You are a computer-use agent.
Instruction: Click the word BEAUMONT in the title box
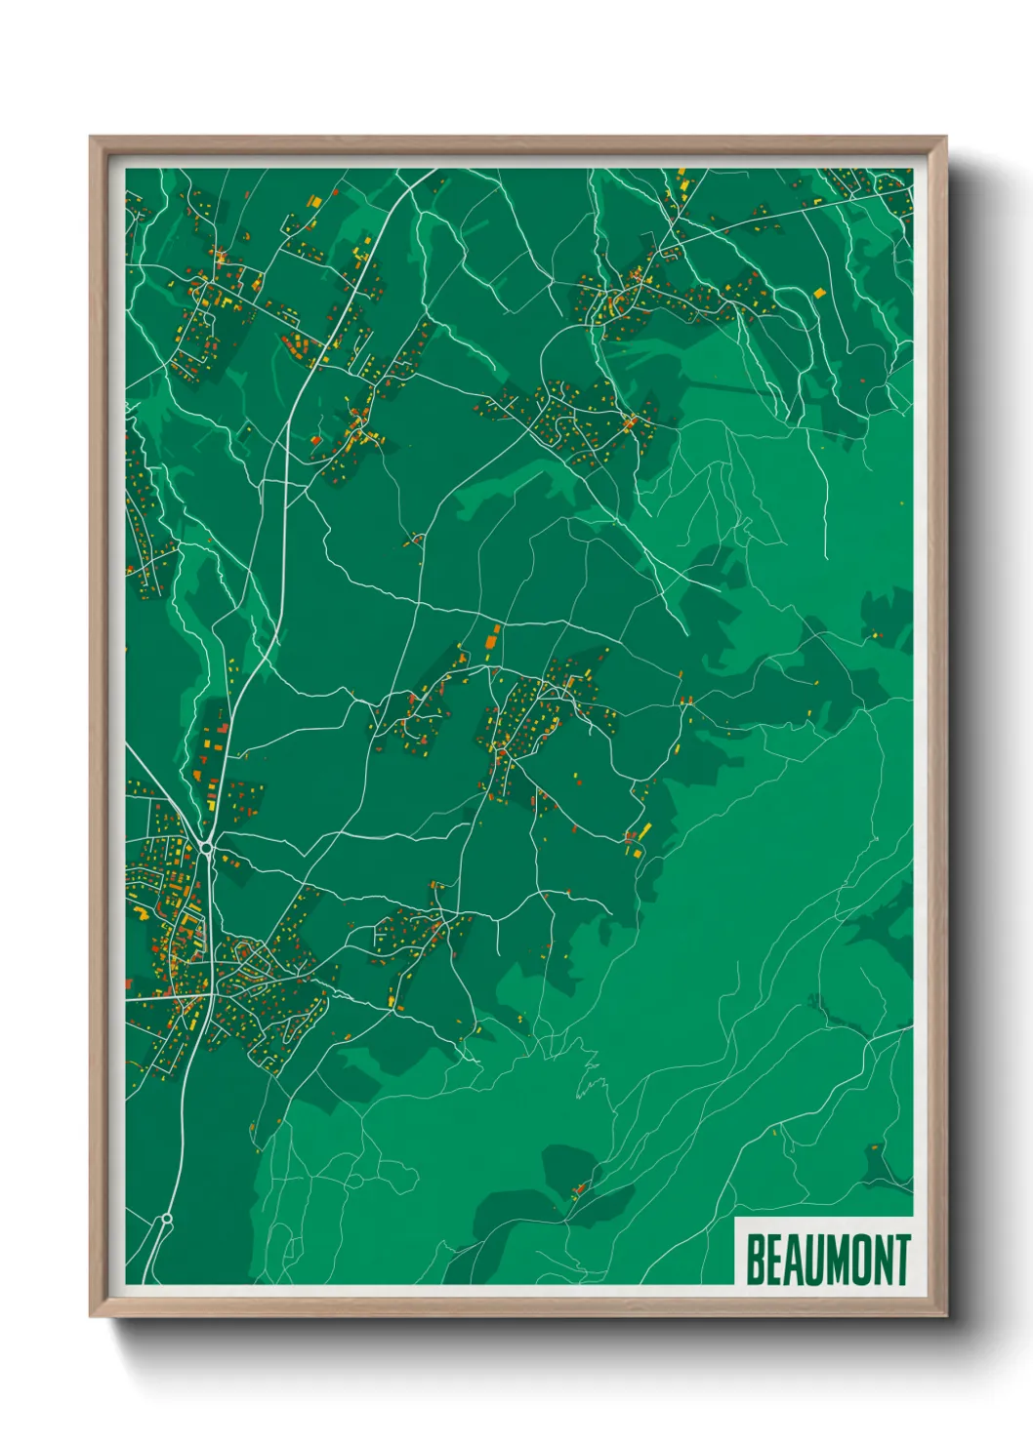(828, 1260)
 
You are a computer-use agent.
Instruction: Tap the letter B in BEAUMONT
(756, 1260)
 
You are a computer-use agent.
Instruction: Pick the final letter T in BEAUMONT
(902, 1260)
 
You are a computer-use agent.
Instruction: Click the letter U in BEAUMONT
(815, 1260)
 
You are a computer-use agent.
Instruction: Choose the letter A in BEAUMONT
(795, 1260)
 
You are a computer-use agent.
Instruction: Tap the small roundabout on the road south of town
(167, 1219)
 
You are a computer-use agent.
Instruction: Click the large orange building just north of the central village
(492, 640)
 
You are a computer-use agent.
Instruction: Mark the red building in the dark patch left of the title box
(578, 1188)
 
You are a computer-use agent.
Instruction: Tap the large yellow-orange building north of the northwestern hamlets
(314, 201)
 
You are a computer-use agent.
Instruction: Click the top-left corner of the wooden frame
(90, 137)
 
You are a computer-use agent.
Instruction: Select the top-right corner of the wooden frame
(946, 137)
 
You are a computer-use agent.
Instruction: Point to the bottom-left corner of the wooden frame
(90, 1316)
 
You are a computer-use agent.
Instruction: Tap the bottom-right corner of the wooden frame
(946, 1316)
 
